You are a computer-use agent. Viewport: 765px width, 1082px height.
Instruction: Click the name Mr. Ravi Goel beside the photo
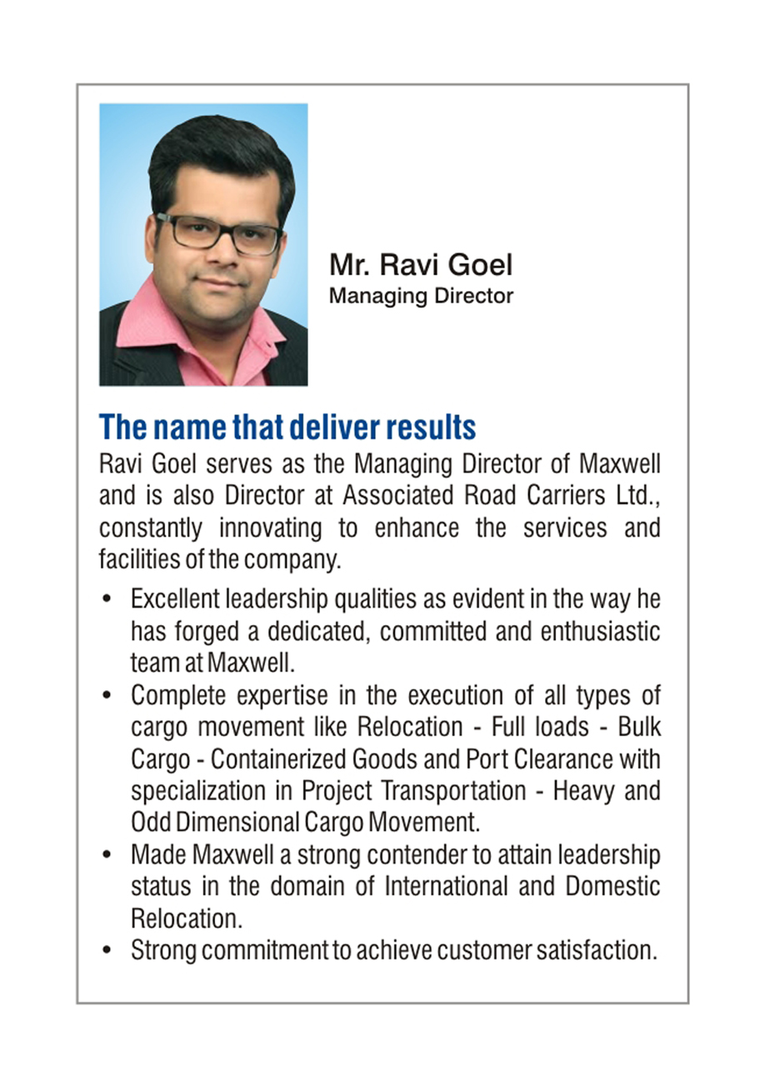[x=421, y=265]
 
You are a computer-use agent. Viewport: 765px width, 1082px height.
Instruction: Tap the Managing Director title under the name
[x=421, y=296]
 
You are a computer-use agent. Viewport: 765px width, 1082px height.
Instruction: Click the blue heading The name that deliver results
[x=287, y=427]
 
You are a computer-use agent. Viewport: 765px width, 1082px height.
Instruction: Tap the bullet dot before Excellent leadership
[x=106, y=599]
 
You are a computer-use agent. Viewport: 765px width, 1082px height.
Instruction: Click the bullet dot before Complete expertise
[x=106, y=694]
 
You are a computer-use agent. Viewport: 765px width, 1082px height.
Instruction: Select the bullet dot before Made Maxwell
[x=106, y=855]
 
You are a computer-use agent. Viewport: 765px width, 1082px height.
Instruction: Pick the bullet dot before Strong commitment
[x=106, y=950]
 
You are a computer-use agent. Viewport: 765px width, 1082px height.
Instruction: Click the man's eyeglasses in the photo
[x=218, y=232]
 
